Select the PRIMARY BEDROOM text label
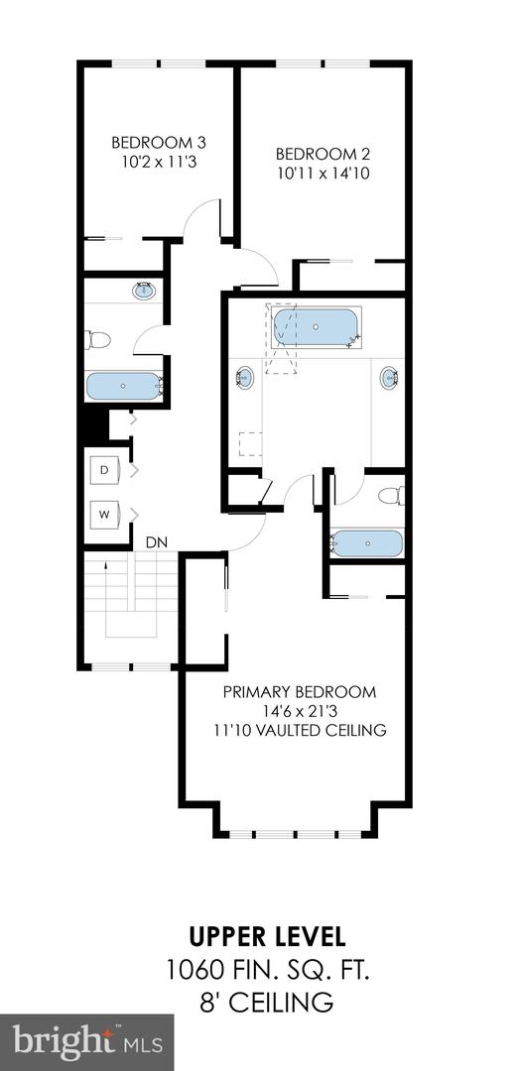coord(299,691)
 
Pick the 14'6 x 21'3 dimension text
coord(299,710)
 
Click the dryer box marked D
coord(105,468)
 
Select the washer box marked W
coord(105,514)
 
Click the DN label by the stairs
coord(156,542)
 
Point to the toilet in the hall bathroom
coord(98,340)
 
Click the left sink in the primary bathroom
coord(244,378)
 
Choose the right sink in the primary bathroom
coord(391,378)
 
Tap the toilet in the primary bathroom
coord(390,495)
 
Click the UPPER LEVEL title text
coord(269,935)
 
